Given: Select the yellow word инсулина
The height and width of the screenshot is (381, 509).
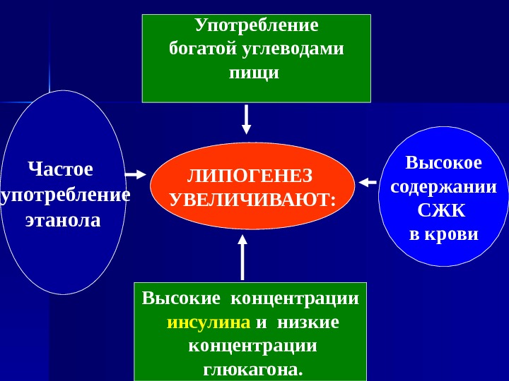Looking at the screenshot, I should (209, 322).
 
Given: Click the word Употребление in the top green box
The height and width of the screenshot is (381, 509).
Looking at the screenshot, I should (257, 26).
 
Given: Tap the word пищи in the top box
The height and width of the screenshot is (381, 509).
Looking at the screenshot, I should (255, 72).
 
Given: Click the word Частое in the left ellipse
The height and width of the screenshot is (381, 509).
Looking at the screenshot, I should (60, 169).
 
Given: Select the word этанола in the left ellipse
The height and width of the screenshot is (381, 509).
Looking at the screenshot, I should (63, 220).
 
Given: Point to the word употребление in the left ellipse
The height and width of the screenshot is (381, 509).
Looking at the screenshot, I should (66, 195).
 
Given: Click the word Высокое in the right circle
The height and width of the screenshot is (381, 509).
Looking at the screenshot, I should (443, 164).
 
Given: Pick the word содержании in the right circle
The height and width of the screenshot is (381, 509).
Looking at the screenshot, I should (443, 188).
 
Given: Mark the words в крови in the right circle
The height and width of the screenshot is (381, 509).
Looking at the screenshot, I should (444, 234).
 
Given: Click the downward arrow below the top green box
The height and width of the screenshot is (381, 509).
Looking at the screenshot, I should (246, 119).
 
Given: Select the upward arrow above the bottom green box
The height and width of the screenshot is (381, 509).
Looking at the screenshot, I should (242, 257).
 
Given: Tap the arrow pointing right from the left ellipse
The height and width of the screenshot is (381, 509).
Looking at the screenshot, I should (134, 173).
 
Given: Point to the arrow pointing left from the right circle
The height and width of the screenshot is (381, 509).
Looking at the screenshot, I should (367, 183).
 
